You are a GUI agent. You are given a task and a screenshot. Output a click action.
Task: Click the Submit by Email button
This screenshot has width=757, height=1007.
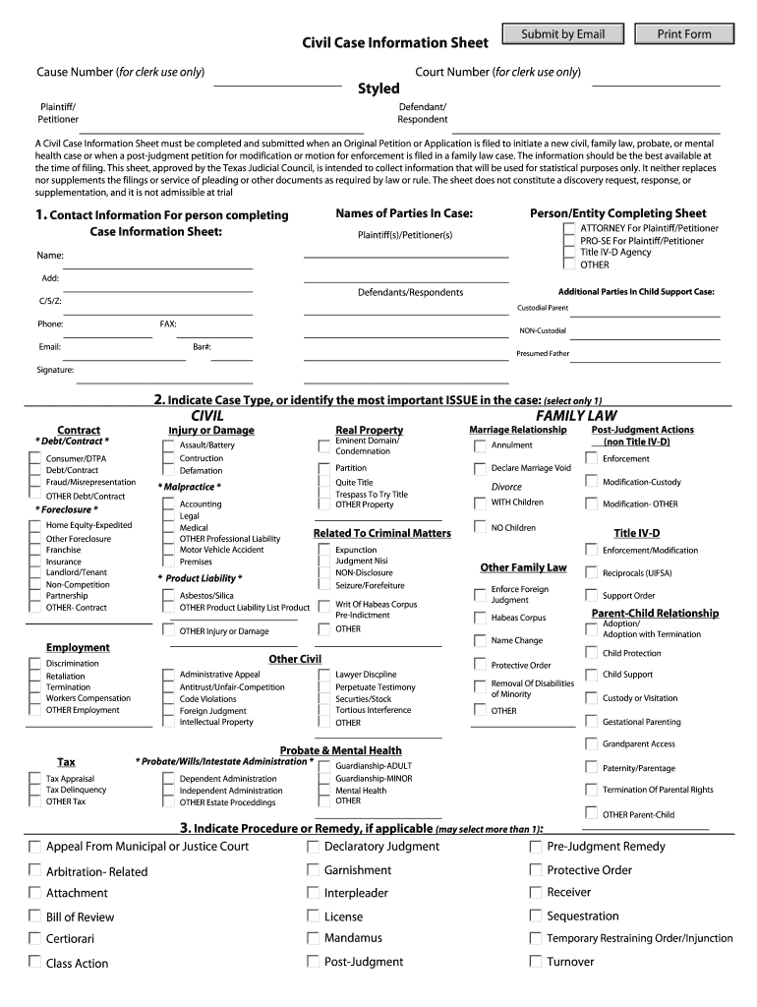(x=562, y=34)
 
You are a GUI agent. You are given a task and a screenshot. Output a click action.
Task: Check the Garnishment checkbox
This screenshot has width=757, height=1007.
(x=312, y=870)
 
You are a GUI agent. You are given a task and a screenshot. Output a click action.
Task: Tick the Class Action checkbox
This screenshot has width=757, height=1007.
(x=34, y=963)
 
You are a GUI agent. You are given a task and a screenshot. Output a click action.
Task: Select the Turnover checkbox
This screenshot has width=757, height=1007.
(x=535, y=962)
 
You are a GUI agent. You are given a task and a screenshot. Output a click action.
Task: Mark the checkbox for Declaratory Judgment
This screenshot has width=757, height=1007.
(x=312, y=847)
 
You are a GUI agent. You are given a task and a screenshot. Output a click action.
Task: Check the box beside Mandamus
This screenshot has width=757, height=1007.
(x=312, y=938)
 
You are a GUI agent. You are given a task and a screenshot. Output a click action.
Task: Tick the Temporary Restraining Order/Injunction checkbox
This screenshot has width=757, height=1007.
(x=535, y=939)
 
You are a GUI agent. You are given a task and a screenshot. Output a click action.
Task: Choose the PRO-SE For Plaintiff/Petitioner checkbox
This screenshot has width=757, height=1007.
(x=569, y=241)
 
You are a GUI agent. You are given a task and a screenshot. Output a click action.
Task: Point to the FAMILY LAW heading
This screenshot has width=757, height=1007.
(x=576, y=416)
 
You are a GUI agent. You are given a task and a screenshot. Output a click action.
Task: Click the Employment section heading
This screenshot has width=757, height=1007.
(x=78, y=647)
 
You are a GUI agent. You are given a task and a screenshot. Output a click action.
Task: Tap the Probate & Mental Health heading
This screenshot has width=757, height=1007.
(x=340, y=750)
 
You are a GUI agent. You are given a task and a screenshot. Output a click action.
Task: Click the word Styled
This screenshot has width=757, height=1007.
(x=378, y=89)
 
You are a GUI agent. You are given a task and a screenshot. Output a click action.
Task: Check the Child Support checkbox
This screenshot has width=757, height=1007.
(x=590, y=675)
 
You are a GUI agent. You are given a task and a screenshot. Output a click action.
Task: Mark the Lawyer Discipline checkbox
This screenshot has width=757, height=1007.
(x=323, y=675)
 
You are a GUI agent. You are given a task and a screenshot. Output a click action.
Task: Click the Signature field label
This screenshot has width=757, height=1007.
(x=55, y=370)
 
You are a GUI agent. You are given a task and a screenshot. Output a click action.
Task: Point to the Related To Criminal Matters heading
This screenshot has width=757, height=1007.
(x=381, y=533)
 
